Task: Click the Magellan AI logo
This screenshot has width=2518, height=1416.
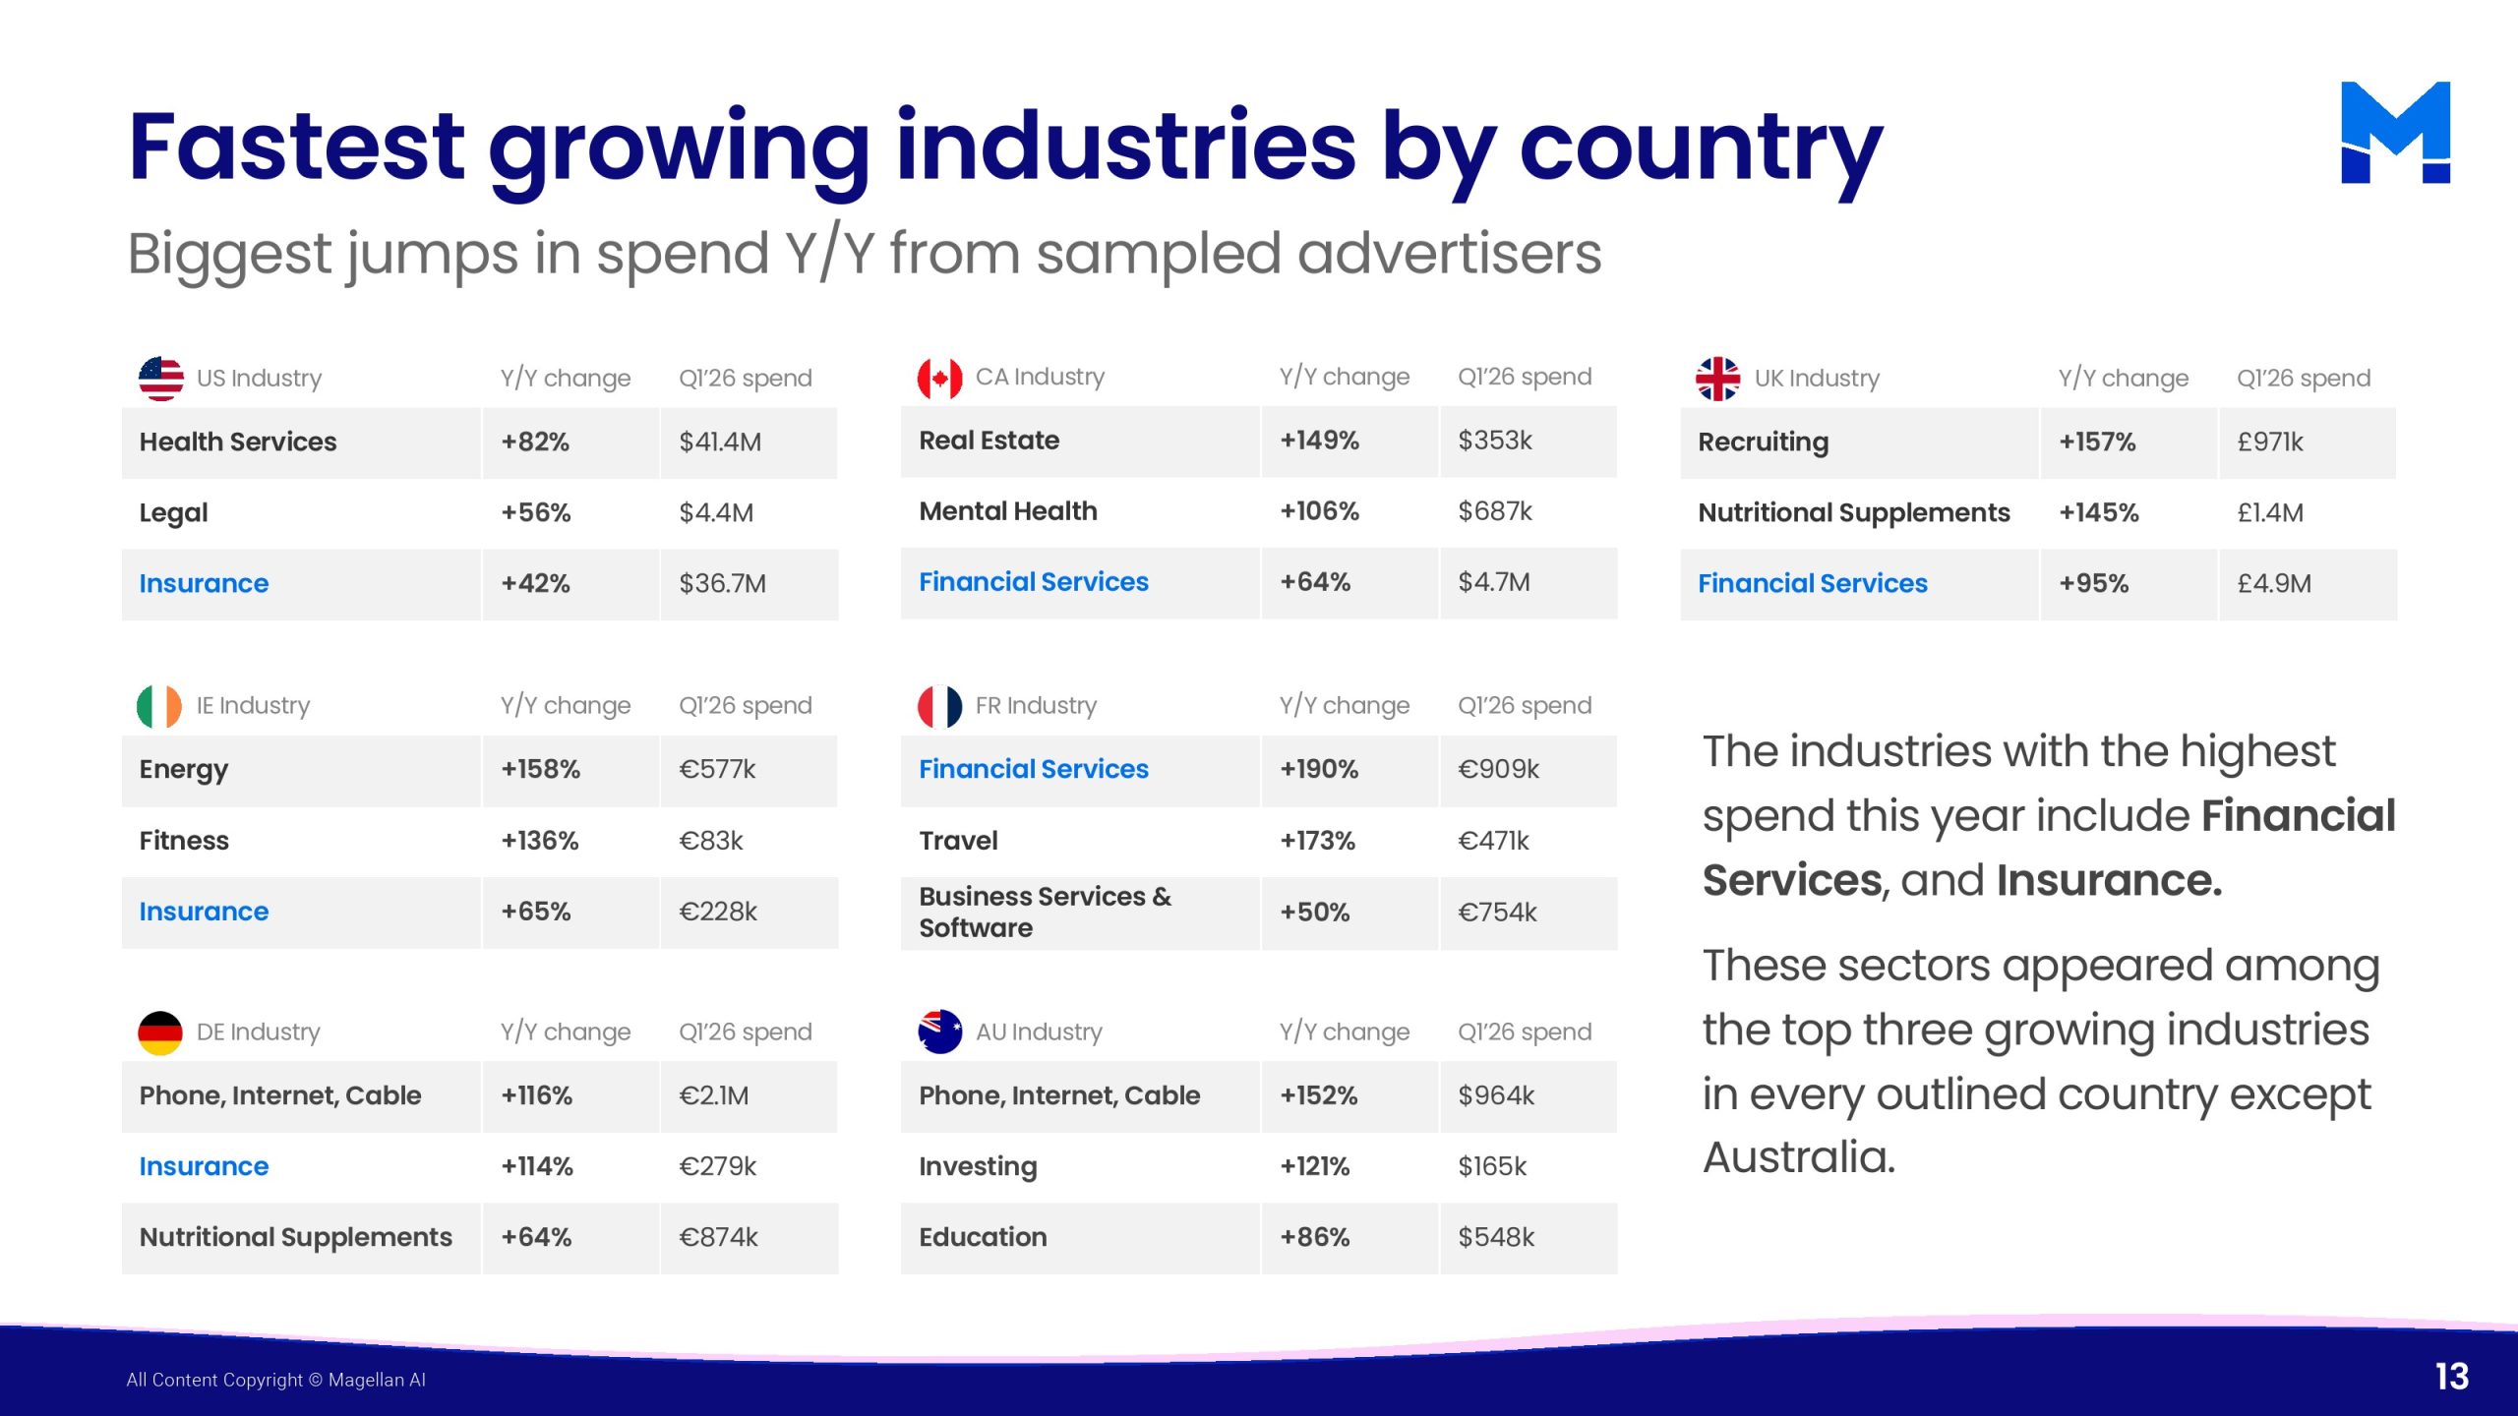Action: (x=2395, y=132)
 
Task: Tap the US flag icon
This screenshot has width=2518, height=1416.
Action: (x=160, y=379)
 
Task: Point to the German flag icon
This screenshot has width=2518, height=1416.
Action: (x=160, y=1032)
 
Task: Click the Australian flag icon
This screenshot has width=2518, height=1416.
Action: (x=939, y=1032)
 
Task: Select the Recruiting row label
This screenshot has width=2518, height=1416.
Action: (x=1764, y=442)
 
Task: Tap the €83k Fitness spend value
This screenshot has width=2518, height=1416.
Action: (x=711, y=841)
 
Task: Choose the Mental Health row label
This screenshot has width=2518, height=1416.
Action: (x=1008, y=511)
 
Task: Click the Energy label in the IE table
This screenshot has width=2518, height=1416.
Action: (x=184, y=770)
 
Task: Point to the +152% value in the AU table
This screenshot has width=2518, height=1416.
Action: (x=1319, y=1095)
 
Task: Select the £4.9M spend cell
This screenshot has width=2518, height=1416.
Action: (x=2274, y=583)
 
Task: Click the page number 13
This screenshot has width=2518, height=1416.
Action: (x=2452, y=1377)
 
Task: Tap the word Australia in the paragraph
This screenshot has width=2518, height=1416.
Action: (x=1799, y=1157)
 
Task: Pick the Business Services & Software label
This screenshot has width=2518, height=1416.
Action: (x=1046, y=912)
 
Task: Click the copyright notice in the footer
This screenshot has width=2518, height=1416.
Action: (x=275, y=1380)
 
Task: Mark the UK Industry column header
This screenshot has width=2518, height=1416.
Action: (x=1817, y=379)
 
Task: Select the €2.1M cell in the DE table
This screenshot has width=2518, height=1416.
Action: (x=714, y=1095)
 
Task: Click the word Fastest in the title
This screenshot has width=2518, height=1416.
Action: (x=296, y=147)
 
